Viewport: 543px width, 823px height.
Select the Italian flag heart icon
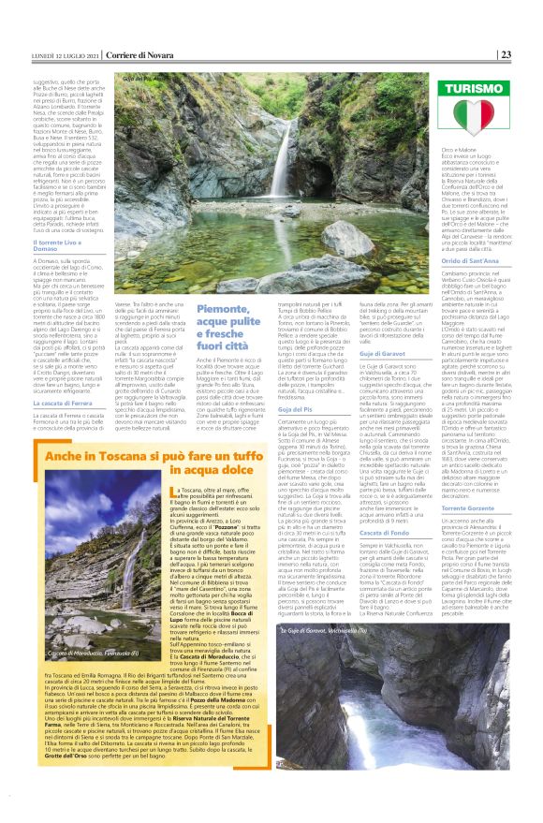(x=481, y=118)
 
